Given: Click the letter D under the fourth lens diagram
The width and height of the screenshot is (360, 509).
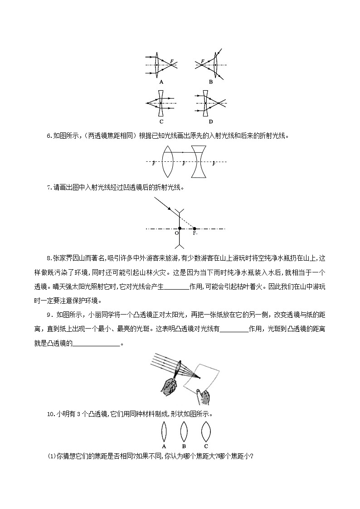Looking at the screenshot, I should (x=211, y=121).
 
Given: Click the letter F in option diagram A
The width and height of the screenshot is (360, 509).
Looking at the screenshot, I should (x=171, y=61).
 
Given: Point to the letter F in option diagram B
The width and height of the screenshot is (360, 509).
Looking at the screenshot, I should (x=202, y=60).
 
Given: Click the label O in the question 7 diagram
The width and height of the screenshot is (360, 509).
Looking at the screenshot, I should (x=176, y=233).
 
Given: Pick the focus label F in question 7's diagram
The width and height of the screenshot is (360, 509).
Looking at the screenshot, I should (x=195, y=233).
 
